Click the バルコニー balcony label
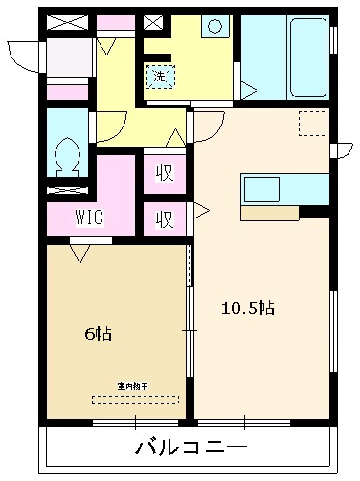[x=191, y=447]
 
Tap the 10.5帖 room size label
[x=248, y=309]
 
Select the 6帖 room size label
[x=98, y=334]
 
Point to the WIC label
[x=90, y=217]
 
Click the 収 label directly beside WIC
[x=164, y=218]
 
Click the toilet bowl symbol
[x=66, y=154]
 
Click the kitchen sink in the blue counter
[x=261, y=189]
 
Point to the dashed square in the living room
[x=312, y=123]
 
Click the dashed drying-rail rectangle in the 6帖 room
[x=135, y=399]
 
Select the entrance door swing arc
[x=24, y=55]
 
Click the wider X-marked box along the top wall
[x=66, y=21]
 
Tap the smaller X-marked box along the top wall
[x=152, y=21]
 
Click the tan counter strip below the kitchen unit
[x=269, y=213]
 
